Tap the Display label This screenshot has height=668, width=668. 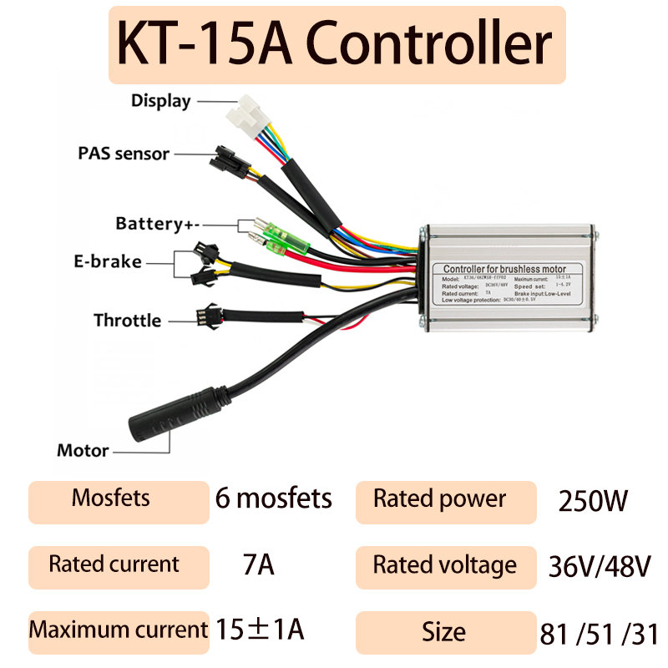160,101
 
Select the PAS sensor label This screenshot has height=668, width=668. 124,154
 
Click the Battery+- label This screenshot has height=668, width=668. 159,224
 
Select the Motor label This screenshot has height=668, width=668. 83,451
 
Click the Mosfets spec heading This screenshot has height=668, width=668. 111,498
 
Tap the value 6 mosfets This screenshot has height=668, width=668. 273,499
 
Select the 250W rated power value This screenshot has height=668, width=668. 592,501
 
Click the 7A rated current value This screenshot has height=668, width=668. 256,565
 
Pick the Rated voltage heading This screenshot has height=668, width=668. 445,565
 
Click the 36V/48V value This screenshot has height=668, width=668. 599,566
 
